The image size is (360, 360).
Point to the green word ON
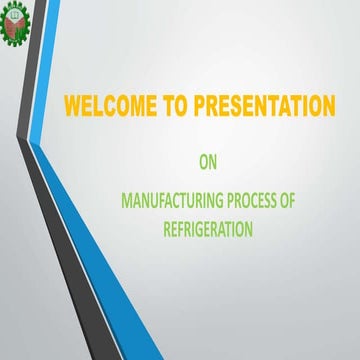tap(208, 158)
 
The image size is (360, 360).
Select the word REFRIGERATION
tap(208, 229)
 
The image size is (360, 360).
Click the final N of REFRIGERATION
tap(248, 229)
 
